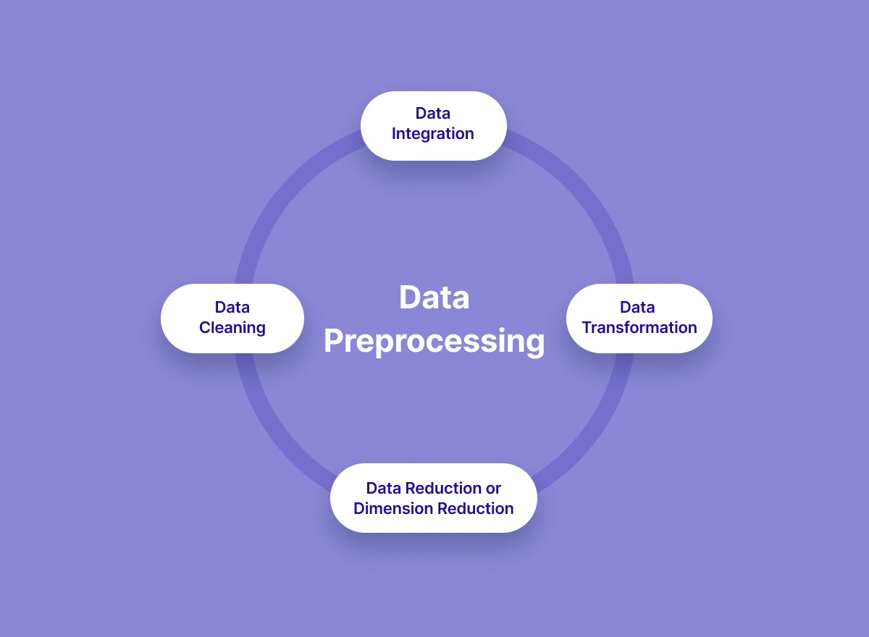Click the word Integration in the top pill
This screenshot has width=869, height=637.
(x=433, y=134)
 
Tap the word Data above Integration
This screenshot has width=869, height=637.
(x=433, y=113)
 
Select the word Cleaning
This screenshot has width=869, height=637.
(x=232, y=328)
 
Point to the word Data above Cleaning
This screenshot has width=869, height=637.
(x=232, y=307)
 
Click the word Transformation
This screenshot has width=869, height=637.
(x=639, y=328)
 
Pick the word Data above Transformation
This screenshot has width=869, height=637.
(x=637, y=307)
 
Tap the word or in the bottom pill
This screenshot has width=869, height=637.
(x=493, y=488)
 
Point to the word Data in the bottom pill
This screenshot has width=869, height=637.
(x=383, y=488)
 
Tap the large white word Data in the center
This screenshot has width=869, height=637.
(x=434, y=298)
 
